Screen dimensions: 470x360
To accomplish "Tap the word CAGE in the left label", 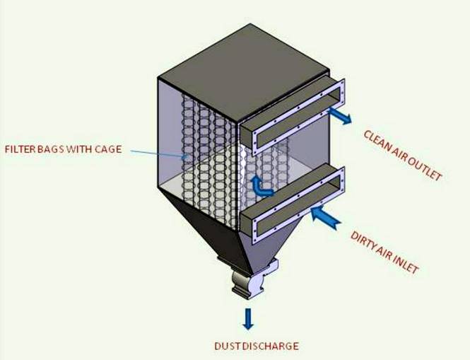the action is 108,149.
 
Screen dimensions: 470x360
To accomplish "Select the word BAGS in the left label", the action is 50,149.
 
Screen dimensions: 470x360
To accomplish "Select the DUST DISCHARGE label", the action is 257,346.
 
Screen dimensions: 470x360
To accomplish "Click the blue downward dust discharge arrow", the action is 247,318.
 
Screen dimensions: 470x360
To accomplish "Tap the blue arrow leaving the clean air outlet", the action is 340,116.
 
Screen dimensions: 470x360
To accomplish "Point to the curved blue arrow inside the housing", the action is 261,186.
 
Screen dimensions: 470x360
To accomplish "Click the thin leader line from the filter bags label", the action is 158,153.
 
